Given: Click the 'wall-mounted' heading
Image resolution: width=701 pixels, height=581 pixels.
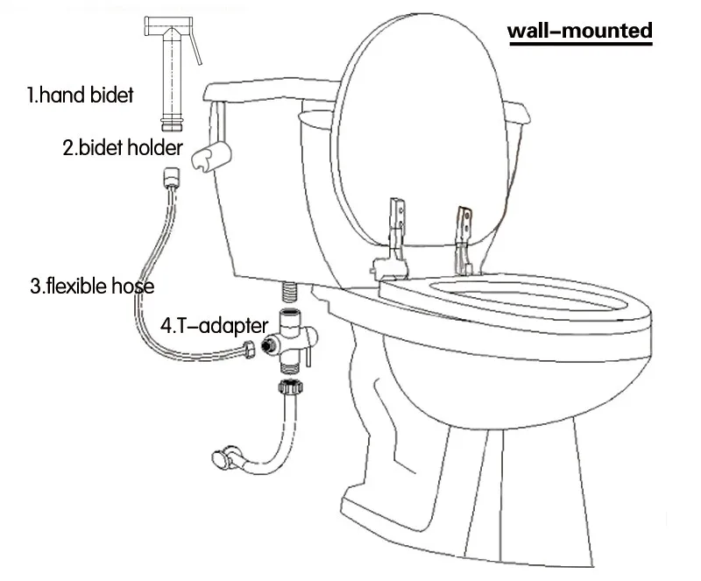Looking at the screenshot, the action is (x=580, y=32).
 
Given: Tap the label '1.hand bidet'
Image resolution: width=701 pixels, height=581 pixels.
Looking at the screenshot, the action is (x=80, y=95).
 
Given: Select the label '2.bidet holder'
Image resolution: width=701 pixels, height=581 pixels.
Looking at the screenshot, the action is (x=122, y=147).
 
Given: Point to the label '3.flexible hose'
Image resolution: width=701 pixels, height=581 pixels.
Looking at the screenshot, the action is (x=92, y=286).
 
